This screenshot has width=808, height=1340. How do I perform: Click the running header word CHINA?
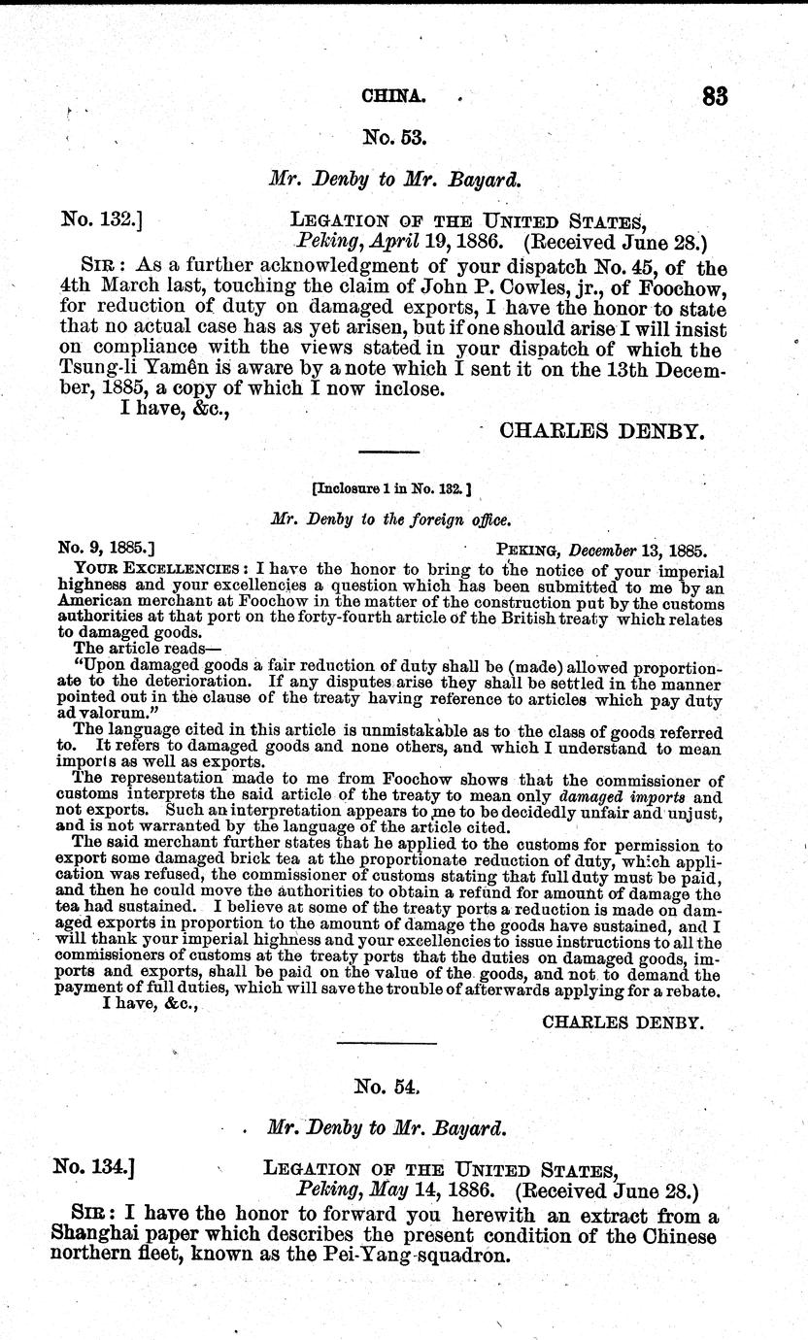(393, 96)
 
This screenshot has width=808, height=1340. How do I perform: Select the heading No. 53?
(394, 138)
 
